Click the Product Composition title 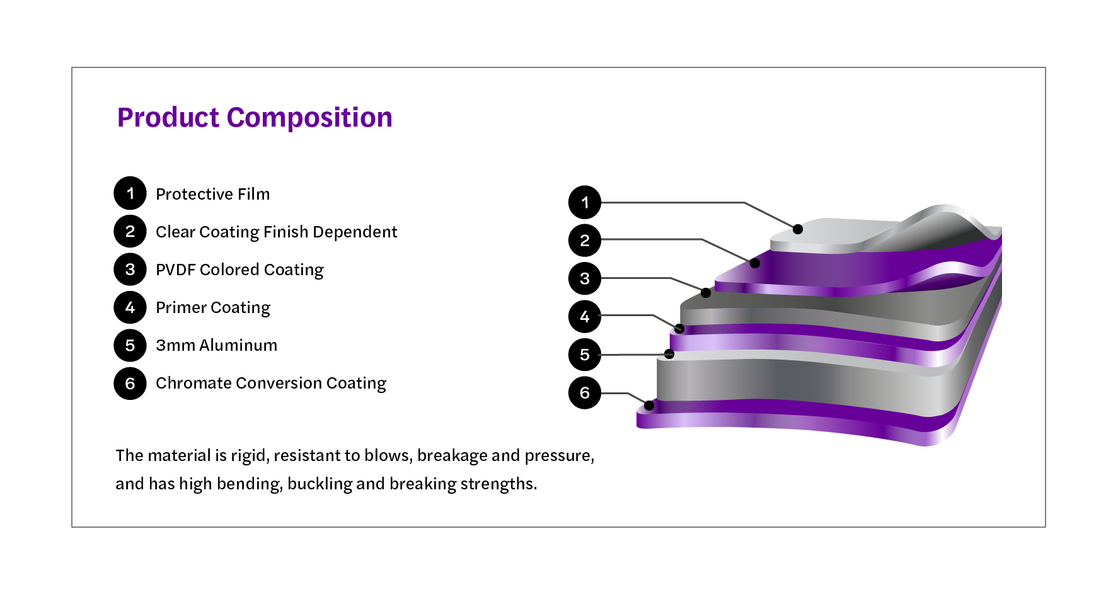click(255, 118)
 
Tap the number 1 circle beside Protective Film click(130, 193)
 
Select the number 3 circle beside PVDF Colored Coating click(130, 270)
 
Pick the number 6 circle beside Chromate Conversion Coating click(130, 384)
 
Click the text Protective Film click(212, 194)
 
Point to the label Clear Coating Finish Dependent click(276, 232)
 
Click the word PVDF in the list click(176, 270)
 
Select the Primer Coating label click(212, 307)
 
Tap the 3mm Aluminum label click(216, 345)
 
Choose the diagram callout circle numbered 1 click(585, 202)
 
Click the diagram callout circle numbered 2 click(585, 240)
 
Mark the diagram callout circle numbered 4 click(585, 316)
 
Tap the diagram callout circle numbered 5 click(585, 355)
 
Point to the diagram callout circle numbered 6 click(585, 393)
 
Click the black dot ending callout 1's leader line click(798, 229)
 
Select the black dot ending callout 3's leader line click(706, 293)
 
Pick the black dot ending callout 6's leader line click(649, 406)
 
